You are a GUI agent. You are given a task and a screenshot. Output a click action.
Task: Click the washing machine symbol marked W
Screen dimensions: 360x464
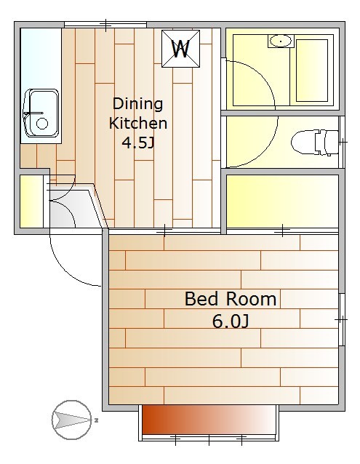(x=180, y=49)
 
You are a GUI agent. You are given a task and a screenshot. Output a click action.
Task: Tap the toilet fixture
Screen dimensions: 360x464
(x=315, y=142)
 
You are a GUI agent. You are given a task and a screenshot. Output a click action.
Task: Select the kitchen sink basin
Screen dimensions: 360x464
(x=41, y=113)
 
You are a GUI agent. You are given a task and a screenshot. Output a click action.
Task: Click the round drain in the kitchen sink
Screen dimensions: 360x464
(x=42, y=124)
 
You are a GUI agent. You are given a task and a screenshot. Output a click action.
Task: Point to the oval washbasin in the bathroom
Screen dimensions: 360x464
(x=281, y=41)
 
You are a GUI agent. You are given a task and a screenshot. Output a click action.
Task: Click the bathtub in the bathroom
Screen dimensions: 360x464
(x=312, y=71)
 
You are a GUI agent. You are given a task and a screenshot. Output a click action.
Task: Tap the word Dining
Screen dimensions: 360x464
(x=138, y=104)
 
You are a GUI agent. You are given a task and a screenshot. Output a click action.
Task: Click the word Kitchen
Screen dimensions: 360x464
(x=138, y=124)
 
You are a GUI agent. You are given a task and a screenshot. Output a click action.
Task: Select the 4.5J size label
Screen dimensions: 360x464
(x=138, y=143)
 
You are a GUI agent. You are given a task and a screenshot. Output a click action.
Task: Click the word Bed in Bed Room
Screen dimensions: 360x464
(x=202, y=299)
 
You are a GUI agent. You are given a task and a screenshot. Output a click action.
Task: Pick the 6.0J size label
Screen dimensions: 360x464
(x=231, y=321)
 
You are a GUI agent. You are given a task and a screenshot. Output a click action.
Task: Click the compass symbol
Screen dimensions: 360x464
(x=72, y=420)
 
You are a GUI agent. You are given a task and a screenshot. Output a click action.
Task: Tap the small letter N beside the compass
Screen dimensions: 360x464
(x=97, y=420)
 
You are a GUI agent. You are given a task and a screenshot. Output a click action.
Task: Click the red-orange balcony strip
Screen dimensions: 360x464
(x=209, y=420)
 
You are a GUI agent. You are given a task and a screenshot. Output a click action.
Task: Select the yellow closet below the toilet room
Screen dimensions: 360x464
(x=282, y=201)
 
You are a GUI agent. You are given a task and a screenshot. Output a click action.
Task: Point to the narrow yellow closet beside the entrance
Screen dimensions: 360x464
(x=31, y=201)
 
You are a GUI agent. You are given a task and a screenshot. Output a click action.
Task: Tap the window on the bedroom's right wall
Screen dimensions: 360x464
(x=342, y=319)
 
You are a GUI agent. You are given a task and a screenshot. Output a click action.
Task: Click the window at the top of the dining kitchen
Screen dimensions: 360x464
(x=105, y=25)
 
